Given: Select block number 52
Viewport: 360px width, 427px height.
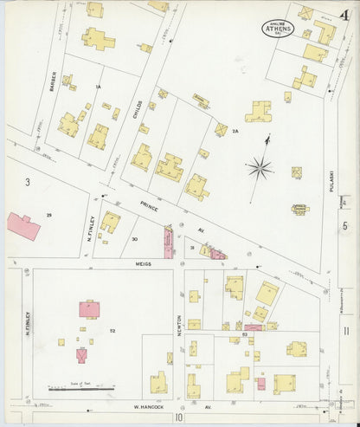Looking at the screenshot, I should [x=112, y=331].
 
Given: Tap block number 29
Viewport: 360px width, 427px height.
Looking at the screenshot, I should [x=49, y=214].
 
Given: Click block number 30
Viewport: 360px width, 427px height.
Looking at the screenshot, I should [x=134, y=238].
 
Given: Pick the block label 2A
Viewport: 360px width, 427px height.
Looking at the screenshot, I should [x=235, y=131].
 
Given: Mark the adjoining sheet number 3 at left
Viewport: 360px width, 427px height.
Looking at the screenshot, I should [x=28, y=181].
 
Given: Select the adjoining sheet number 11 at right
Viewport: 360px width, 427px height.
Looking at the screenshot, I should [x=345, y=331].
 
